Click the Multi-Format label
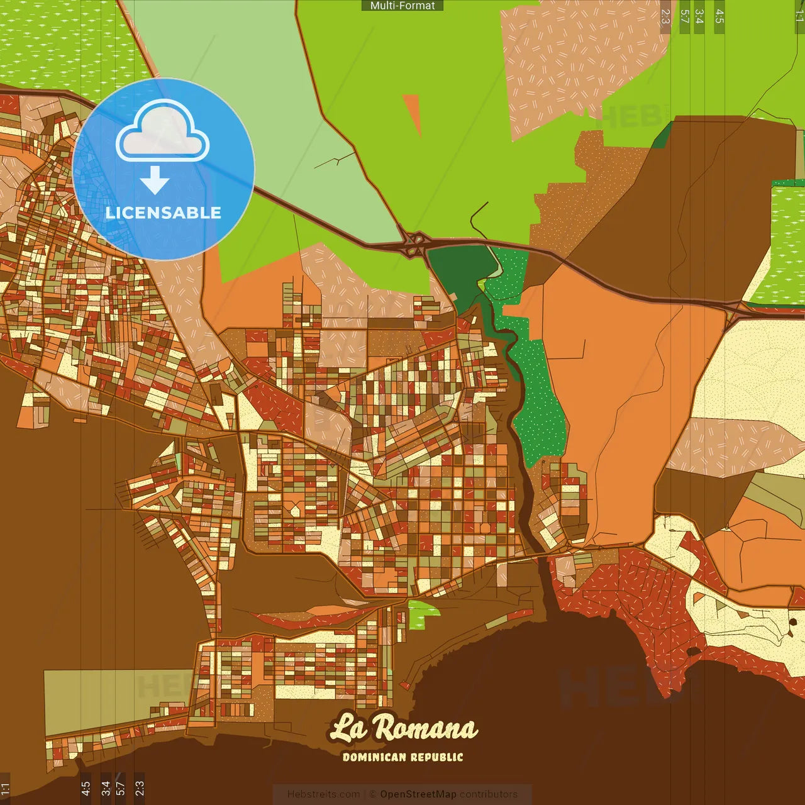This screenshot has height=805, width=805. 402,6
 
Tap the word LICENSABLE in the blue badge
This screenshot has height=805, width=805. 164,213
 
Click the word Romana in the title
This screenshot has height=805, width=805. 426,729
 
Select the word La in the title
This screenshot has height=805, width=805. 348,728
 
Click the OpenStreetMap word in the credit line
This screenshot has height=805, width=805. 418,794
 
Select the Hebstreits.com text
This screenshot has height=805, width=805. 324,794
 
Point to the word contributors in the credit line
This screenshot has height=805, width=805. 488,794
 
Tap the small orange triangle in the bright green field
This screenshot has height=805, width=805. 413,110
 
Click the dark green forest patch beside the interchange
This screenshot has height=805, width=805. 459,270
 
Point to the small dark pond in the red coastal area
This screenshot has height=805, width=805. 694,652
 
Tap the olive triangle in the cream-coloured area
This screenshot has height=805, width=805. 720,605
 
